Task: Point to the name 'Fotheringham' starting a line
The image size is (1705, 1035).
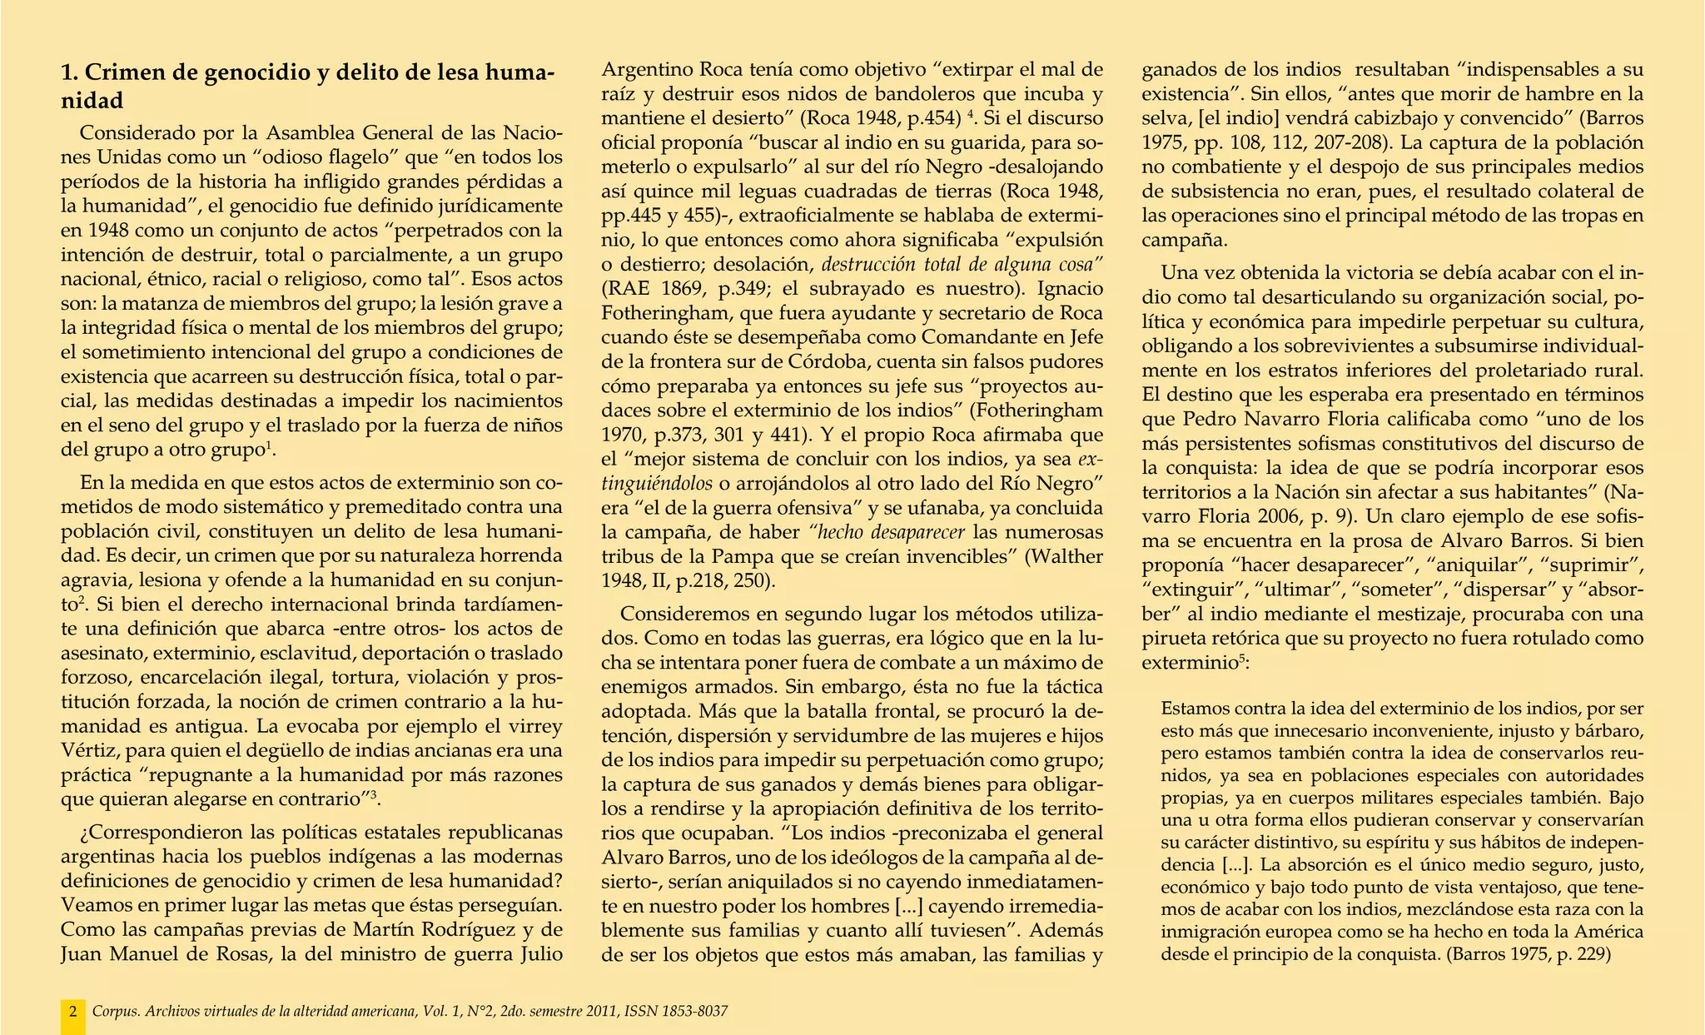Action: pos(654,314)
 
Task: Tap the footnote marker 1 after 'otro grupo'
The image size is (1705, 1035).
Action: pos(268,447)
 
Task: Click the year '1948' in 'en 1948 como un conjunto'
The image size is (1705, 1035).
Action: pos(106,230)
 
